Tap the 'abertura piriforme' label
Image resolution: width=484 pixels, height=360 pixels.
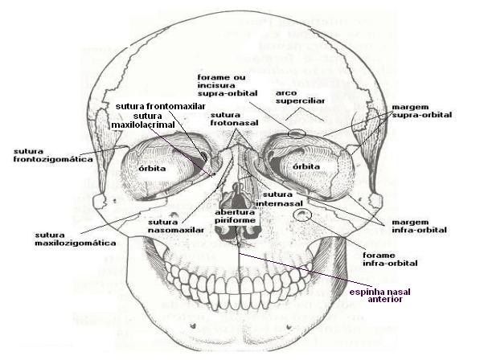click(235, 215)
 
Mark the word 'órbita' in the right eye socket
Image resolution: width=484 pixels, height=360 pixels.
click(307, 166)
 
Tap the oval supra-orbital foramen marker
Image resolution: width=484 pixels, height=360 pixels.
click(296, 134)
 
